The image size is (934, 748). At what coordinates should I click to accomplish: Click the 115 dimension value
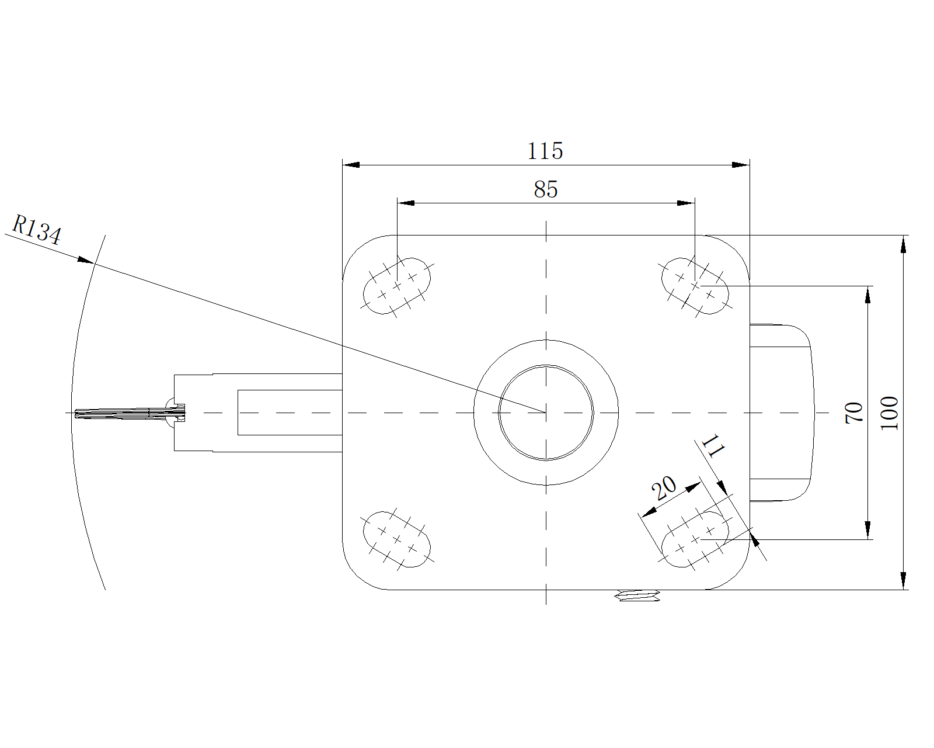coord(545,151)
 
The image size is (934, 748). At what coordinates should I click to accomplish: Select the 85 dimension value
coord(545,189)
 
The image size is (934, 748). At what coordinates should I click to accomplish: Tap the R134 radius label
coord(36,229)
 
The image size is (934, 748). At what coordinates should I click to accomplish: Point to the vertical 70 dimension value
coord(853,413)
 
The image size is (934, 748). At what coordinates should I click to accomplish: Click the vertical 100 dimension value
coord(889,413)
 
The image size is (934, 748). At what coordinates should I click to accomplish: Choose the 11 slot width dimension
coord(713,447)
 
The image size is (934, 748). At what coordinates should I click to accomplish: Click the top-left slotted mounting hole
coord(398,286)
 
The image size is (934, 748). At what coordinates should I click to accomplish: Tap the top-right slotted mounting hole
coord(695,286)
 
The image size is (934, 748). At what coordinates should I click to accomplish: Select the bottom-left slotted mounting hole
coord(397,539)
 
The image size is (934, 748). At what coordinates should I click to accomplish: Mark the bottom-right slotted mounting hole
coord(695,539)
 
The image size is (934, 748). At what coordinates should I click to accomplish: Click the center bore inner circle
coord(546,413)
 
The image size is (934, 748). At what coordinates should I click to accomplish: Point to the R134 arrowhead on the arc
coord(86,260)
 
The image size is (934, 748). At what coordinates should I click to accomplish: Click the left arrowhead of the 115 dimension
coord(350,165)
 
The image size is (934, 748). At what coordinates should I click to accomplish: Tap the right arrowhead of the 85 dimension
coord(686,203)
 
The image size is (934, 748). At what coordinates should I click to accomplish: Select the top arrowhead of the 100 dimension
coord(904,244)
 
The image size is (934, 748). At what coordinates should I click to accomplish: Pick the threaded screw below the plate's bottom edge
coord(638,596)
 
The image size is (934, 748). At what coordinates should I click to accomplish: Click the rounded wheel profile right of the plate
coord(782,413)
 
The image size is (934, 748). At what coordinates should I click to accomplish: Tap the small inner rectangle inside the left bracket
coord(289,413)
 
